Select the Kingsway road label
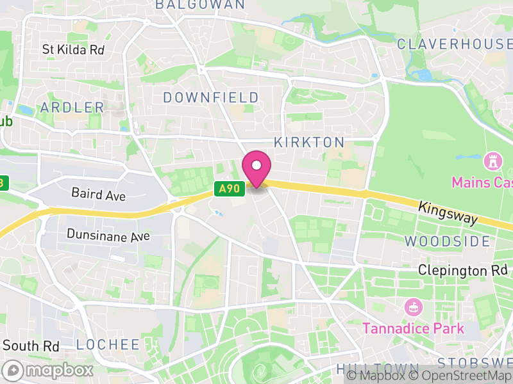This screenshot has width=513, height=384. pyautogui.click(x=448, y=213)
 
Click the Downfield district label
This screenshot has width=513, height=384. pyautogui.click(x=211, y=98)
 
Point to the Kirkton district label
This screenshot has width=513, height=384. pyautogui.click(x=309, y=142)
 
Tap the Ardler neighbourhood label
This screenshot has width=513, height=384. pyautogui.click(x=72, y=108)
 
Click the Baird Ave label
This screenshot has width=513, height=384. pyautogui.click(x=99, y=194)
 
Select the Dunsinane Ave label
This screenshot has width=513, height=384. pyautogui.click(x=108, y=236)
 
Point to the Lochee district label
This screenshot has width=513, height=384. pyautogui.click(x=108, y=345)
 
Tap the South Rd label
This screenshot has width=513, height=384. pyautogui.click(x=31, y=346)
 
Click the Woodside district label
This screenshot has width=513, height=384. pyautogui.click(x=448, y=241)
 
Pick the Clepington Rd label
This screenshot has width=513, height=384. pyautogui.click(x=462, y=271)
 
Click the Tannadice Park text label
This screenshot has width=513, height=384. pyautogui.click(x=413, y=329)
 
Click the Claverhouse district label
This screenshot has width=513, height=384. pyautogui.click(x=454, y=44)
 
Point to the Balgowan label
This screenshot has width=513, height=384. pyautogui.click(x=200, y=4)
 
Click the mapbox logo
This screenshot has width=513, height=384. pyautogui.click(x=48, y=370)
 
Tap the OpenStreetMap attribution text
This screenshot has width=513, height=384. pyautogui.click(x=462, y=376)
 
